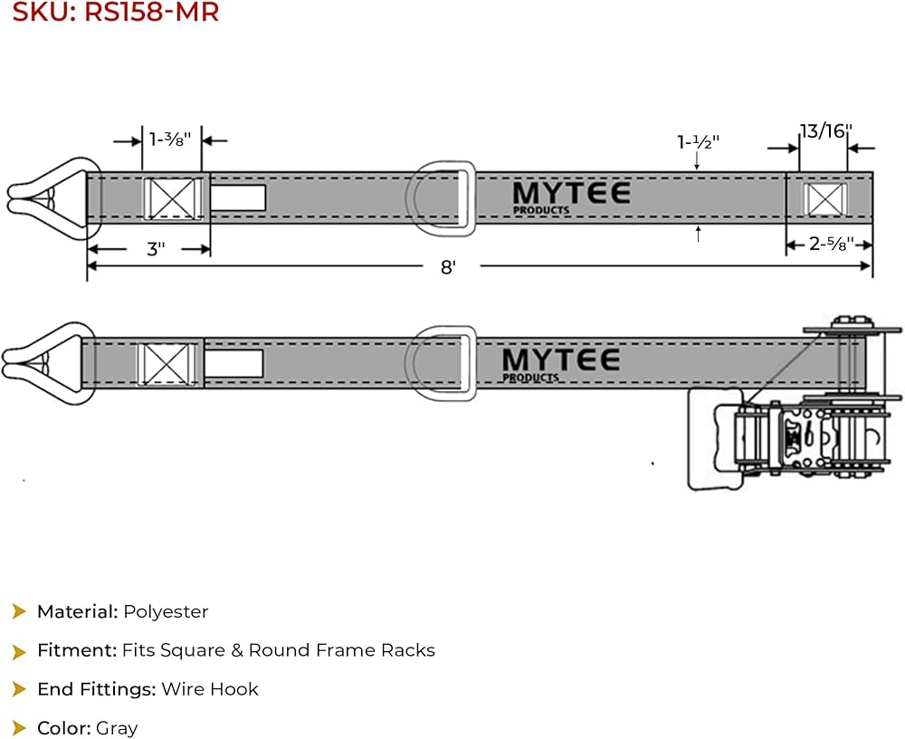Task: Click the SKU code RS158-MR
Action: point(152,12)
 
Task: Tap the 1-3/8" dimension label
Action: point(170,139)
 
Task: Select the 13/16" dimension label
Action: point(826,131)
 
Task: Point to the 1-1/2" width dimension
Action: point(699,141)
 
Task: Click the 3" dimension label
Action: point(156,249)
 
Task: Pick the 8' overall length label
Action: point(449,267)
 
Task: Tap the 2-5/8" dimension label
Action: point(831,244)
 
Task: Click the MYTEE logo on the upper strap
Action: point(571,197)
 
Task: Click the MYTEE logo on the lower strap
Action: point(560,365)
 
